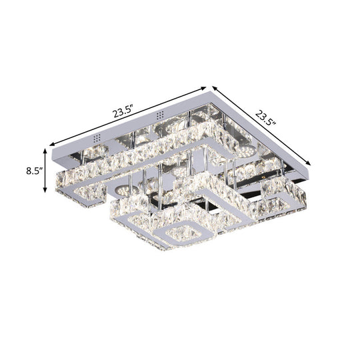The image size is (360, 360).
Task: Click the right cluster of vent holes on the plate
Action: click(x=159, y=116)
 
